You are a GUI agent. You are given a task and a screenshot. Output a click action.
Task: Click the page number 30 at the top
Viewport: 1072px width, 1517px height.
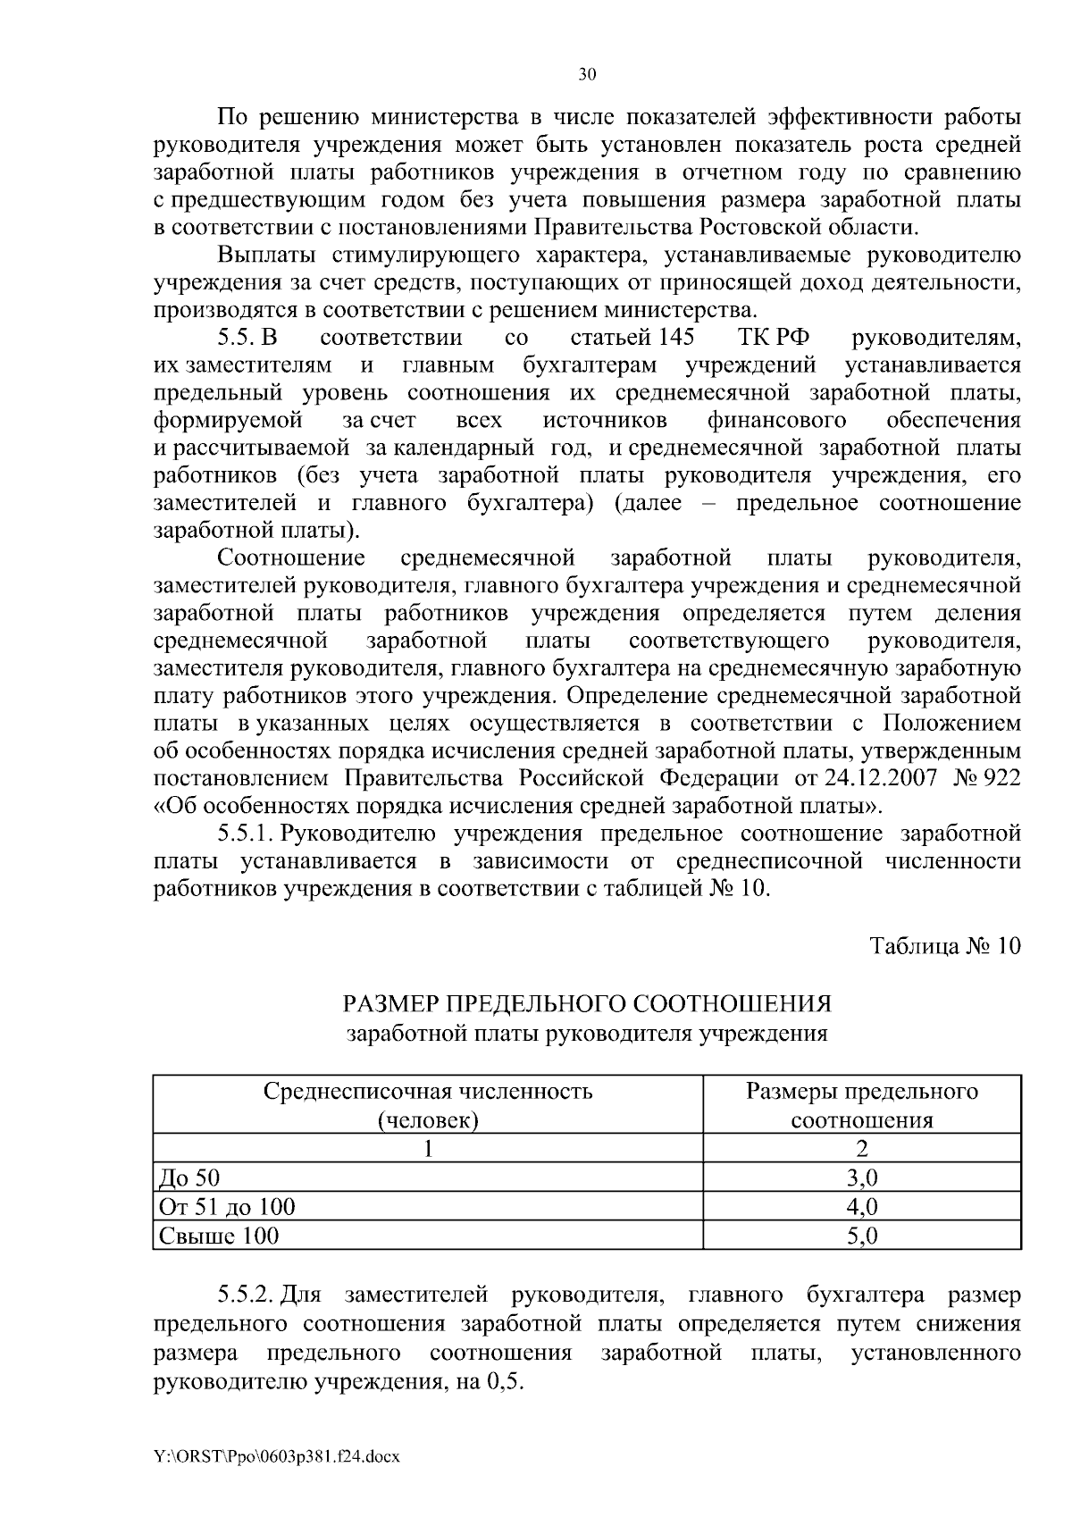[x=586, y=75]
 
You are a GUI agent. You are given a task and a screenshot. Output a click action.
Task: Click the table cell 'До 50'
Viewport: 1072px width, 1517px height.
[x=182, y=1177]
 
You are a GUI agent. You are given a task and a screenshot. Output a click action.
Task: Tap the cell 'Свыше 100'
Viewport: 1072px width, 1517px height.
[x=218, y=1236]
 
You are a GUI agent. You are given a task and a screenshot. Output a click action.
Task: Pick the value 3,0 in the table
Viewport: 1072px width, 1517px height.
[x=862, y=1177]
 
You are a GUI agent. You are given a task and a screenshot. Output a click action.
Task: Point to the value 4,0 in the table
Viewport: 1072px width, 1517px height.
[x=862, y=1206]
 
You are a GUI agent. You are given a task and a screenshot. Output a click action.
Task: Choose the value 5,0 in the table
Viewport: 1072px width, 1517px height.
[x=862, y=1236]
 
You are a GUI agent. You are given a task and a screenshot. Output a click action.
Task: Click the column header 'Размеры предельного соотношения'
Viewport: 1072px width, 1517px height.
[x=862, y=1106]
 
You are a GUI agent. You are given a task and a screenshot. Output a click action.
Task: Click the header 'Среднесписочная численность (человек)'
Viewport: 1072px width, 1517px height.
[x=428, y=1106]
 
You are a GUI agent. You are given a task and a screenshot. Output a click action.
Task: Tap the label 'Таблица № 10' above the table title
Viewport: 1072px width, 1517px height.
[x=945, y=947]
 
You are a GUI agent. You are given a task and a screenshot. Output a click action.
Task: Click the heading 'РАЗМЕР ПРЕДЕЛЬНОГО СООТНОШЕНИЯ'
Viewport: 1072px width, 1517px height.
[x=587, y=1003]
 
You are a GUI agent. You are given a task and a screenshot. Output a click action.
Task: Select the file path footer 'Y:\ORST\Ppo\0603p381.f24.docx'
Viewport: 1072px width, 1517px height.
[x=277, y=1456]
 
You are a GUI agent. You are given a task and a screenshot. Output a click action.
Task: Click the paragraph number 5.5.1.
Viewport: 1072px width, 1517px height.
[x=247, y=834]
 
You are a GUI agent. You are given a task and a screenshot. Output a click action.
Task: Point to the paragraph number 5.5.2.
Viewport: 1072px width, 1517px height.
[x=247, y=1295]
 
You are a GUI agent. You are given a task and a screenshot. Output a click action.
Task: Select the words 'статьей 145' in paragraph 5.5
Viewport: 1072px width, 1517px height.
[x=632, y=339]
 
